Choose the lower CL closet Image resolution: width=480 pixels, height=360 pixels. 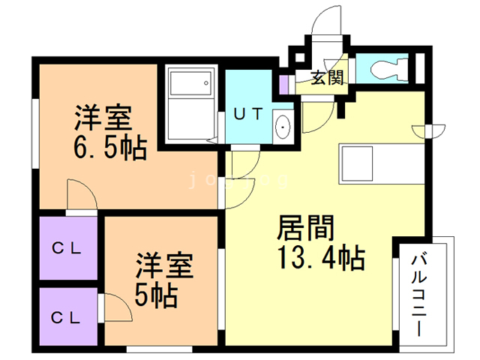[x=67, y=316]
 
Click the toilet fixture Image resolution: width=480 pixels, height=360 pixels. [x=391, y=68]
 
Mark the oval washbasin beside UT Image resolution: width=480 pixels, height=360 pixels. [x=283, y=127]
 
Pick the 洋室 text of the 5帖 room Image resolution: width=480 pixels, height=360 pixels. [x=163, y=266]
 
